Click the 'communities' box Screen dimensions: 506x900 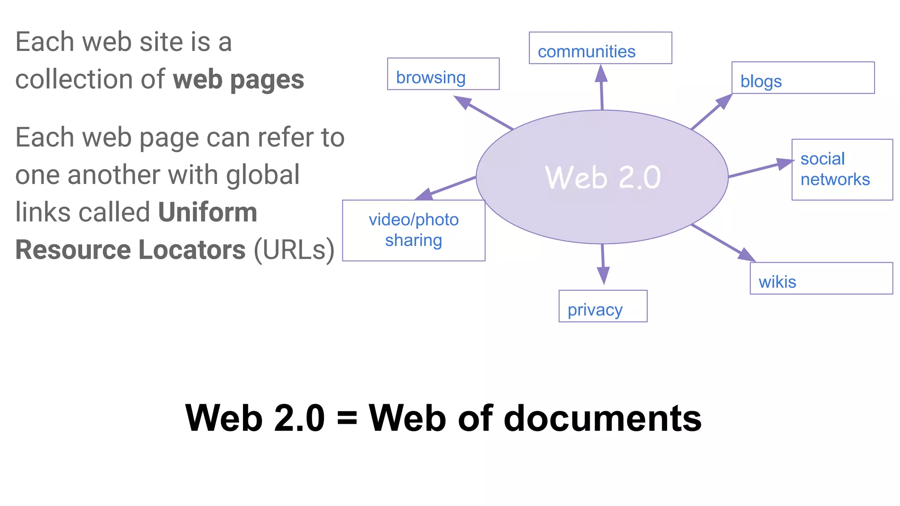click(600, 48)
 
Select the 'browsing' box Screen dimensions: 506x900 click(443, 74)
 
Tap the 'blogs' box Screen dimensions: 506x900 click(803, 78)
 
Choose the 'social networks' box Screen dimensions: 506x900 click(842, 170)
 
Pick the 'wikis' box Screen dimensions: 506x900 click(821, 278)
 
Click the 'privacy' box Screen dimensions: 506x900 click(603, 306)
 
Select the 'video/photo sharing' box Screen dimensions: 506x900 click(414, 231)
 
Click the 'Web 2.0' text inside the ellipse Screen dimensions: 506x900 click(602, 178)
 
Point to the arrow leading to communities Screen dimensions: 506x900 click(602, 88)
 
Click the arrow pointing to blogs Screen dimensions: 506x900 click(711, 112)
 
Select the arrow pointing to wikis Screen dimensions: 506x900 click(723, 243)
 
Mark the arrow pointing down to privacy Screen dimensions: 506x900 click(603, 264)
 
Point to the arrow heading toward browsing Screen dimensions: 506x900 click(483, 113)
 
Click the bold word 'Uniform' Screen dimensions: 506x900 click(207, 213)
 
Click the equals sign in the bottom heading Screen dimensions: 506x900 click(347, 418)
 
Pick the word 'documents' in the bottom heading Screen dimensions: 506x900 click(602, 418)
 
